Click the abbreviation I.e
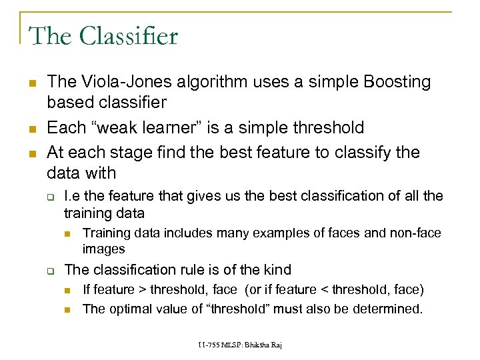click(x=73, y=196)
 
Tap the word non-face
click(x=417, y=233)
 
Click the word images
click(x=103, y=249)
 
